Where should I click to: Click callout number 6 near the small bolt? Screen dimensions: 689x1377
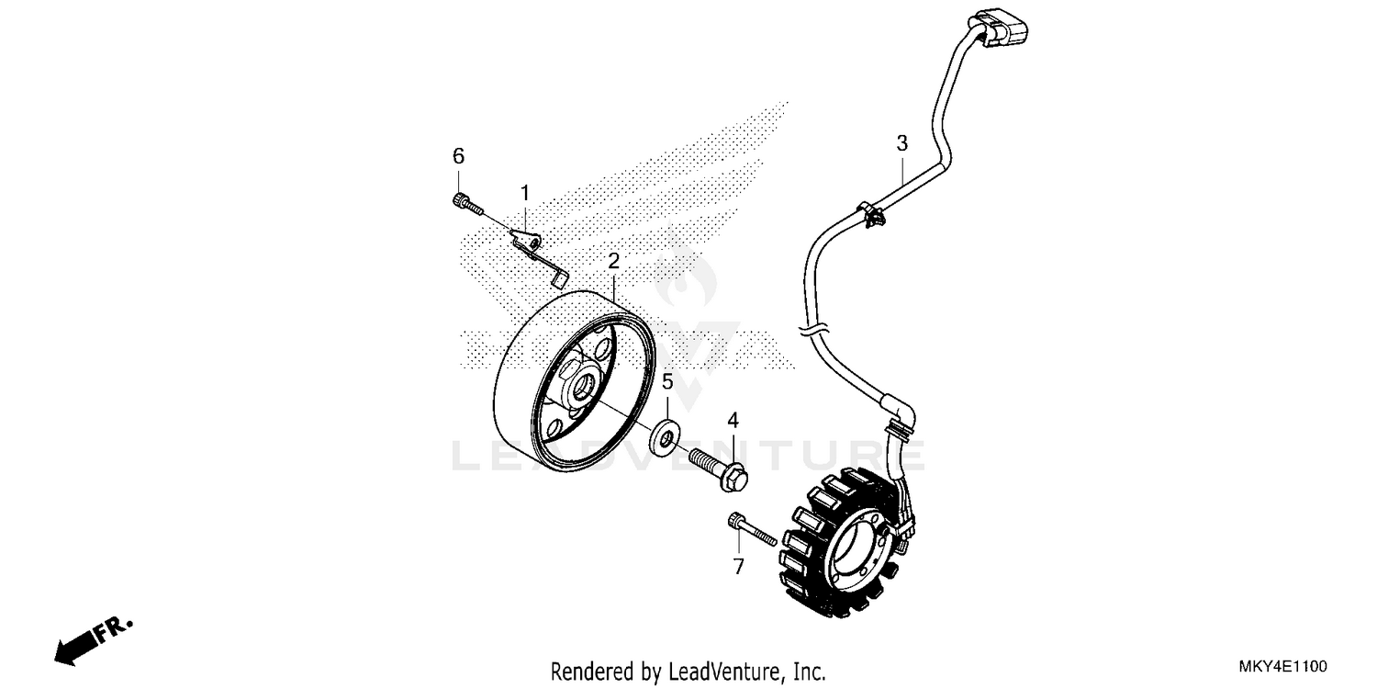458,156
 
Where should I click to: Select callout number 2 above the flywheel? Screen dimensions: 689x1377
613,262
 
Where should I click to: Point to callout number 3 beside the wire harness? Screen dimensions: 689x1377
901,143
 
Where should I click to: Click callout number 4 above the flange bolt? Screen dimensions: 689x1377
733,421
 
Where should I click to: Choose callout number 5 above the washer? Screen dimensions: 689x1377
667,380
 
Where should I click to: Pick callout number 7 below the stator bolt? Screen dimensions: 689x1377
738,567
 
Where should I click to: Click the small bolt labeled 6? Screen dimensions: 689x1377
466,204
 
